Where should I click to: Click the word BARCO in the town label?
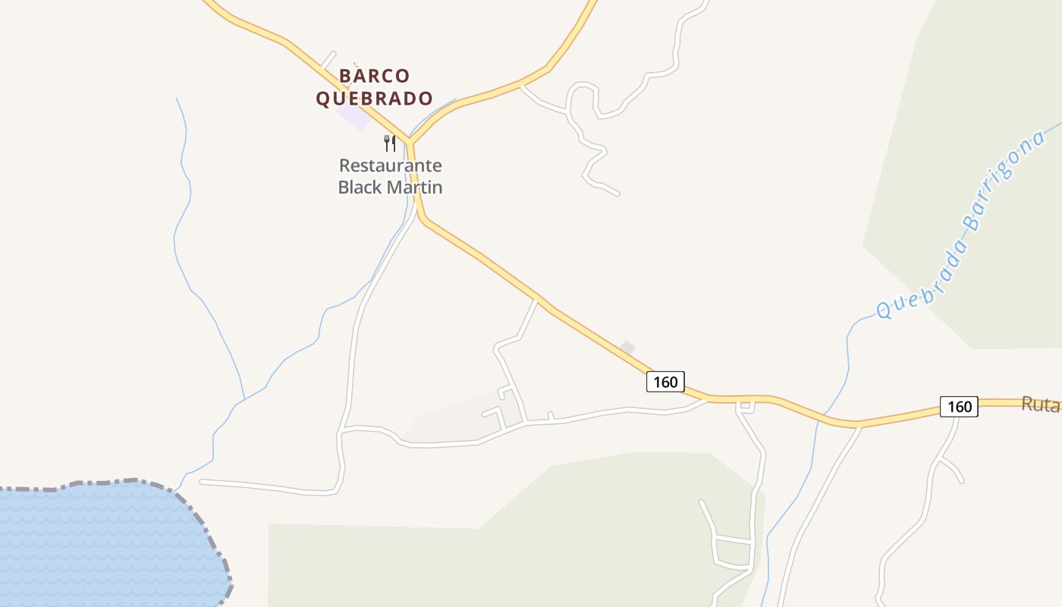(x=374, y=76)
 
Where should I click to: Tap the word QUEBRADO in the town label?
(x=374, y=99)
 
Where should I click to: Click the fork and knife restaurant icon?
(x=390, y=143)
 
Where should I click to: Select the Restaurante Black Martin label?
(x=390, y=176)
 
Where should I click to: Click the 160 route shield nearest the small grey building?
(x=665, y=382)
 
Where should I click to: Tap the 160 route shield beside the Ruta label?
(x=959, y=407)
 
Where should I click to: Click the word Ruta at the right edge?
(x=1040, y=404)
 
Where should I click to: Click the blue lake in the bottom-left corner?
(x=99, y=546)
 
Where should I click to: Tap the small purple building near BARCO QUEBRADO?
(x=353, y=117)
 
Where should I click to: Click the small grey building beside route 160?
(x=627, y=348)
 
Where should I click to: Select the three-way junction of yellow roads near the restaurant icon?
(x=409, y=142)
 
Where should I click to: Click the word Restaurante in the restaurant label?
(x=390, y=165)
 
